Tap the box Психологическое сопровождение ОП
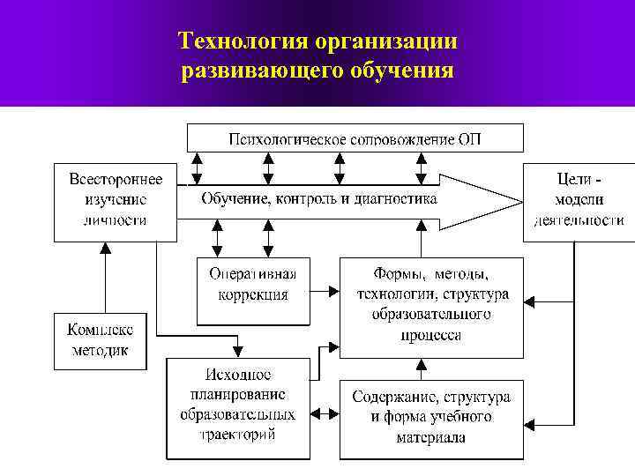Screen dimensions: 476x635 355,138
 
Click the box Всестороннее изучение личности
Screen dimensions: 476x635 115,201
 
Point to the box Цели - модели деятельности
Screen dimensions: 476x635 579,201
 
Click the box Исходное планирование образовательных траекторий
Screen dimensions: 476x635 238,408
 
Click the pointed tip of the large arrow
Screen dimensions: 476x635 520,201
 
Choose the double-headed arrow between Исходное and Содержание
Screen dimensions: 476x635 325,411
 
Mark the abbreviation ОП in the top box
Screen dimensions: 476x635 469,139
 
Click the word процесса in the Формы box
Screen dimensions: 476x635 431,336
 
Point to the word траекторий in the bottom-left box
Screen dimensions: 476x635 238,434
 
